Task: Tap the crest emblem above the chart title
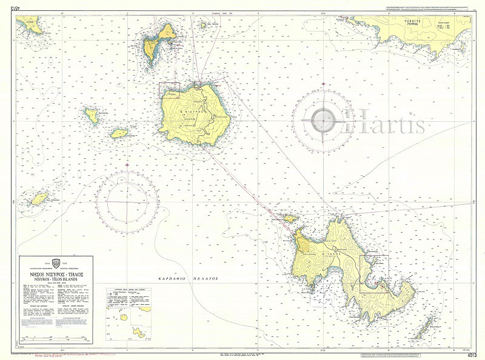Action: (x=56, y=262)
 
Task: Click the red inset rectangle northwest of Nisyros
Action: (x=169, y=90)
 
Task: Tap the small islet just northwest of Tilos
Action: (x=290, y=218)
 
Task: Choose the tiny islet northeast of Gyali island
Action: (x=201, y=26)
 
